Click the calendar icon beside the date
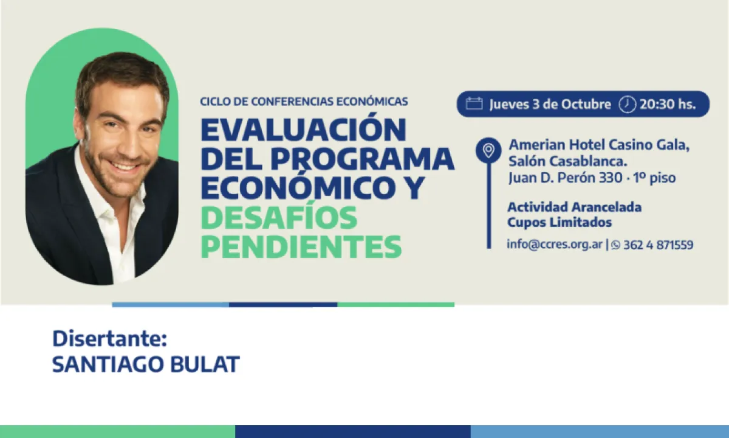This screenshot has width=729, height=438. tap(474, 104)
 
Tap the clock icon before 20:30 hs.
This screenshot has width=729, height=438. tap(627, 104)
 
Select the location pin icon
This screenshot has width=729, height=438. tap(488, 150)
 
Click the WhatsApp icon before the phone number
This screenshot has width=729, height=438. tap(615, 245)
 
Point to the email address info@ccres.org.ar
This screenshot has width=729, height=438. tap(555, 245)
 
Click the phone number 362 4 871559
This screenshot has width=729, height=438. tap(659, 245)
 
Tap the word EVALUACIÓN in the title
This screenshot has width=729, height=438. tap(303, 129)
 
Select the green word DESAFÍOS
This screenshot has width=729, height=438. tap(279, 217)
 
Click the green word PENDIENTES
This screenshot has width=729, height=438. tap(301, 246)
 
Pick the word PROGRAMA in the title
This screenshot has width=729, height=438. tap(363, 159)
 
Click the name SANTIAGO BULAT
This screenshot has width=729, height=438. tap(146, 364)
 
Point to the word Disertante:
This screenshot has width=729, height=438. tap(110, 339)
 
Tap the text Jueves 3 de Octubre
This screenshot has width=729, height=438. tap(550, 104)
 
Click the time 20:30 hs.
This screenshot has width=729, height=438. tap(668, 104)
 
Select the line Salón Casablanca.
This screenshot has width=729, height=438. tap(568, 161)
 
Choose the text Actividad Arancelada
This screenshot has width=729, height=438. tap(575, 207)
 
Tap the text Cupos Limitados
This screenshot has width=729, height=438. tap(560, 223)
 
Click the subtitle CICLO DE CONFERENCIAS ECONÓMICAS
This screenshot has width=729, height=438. tap(304, 102)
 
